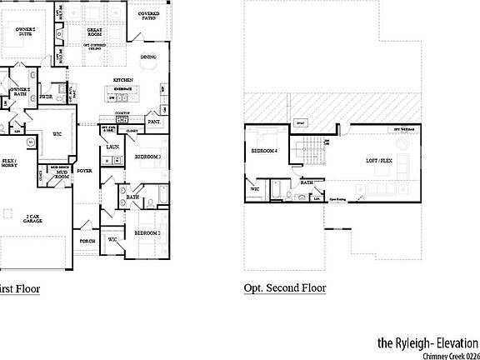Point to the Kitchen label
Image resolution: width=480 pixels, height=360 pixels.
point(124,80)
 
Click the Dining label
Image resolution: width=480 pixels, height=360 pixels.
point(148,57)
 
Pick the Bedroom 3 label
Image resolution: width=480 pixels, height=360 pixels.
point(148,157)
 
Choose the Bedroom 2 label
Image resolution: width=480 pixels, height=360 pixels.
point(148,232)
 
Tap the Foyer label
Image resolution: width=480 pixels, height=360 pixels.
point(85,171)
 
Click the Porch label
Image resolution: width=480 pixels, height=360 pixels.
point(87,242)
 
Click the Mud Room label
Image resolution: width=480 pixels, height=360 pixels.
point(62,175)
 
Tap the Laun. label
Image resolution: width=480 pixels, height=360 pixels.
point(112,147)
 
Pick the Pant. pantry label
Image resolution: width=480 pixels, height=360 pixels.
point(154,122)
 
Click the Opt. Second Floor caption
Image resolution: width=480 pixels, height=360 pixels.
point(285,288)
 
